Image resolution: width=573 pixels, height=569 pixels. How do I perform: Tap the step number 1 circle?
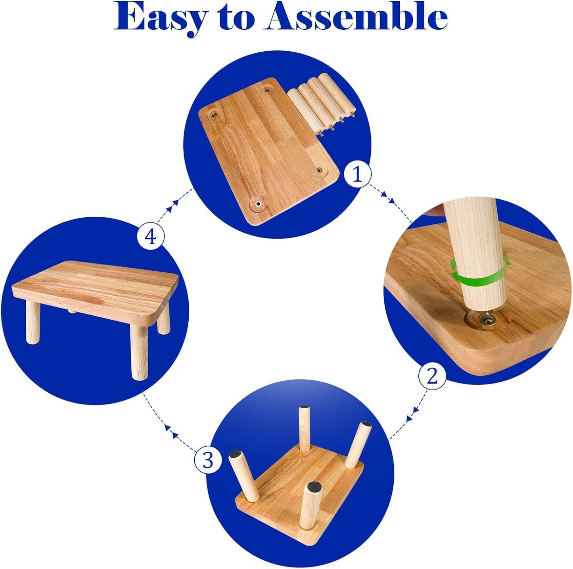(x=358, y=176)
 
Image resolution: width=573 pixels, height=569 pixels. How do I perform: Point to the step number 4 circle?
(x=150, y=237)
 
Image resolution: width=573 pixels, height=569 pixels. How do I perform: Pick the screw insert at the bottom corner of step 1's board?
(x=257, y=204)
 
